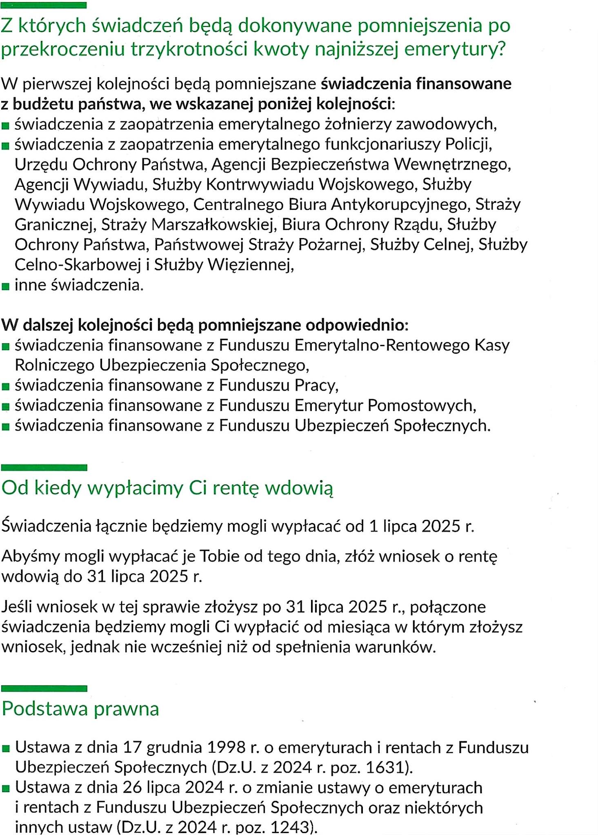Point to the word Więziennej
251,265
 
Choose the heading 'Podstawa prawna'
80,709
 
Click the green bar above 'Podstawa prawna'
44,689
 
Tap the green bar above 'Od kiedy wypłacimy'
44,468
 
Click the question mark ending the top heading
501,50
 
